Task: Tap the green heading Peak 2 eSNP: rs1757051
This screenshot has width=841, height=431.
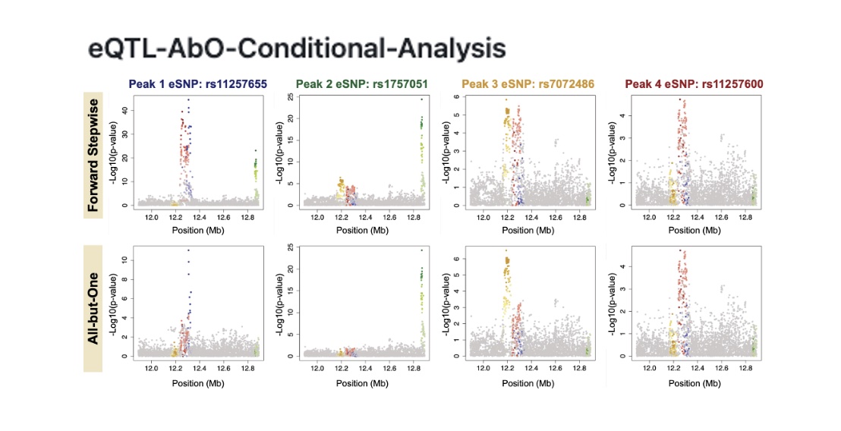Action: pos(364,83)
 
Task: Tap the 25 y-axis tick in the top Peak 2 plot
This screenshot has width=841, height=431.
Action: pos(290,97)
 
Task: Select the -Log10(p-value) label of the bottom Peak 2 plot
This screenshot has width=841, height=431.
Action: pos(279,303)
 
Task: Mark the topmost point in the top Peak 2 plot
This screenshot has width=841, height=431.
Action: pos(421,99)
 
